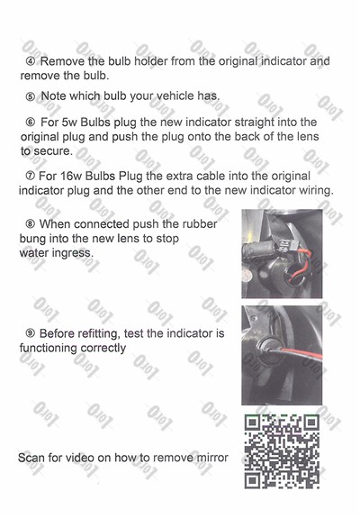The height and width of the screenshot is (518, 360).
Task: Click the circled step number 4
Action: (31, 62)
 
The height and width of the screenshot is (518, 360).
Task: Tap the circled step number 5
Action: (31, 95)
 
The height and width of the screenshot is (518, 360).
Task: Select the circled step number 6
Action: (31, 122)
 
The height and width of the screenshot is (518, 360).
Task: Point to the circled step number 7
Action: (31, 177)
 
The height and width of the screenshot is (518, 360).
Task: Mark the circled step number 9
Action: (31, 334)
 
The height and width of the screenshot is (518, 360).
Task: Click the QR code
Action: (282, 451)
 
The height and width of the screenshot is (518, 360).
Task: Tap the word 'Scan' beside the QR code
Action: (34, 459)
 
